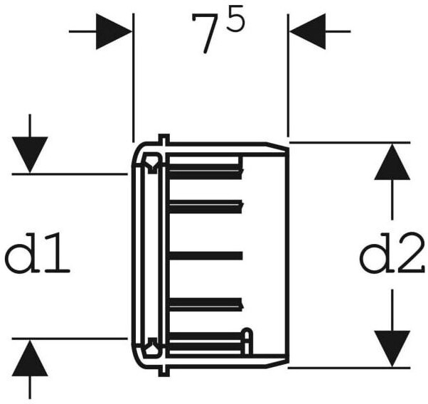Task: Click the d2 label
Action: [x=392, y=257]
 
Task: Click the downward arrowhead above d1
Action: [x=29, y=154]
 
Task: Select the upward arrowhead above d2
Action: [x=392, y=162]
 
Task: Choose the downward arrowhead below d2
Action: [x=392, y=349]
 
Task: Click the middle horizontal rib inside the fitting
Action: [x=206, y=255]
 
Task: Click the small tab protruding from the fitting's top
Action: [x=163, y=138]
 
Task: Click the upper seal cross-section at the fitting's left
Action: [x=151, y=167]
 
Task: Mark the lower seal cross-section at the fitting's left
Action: [x=151, y=346]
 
